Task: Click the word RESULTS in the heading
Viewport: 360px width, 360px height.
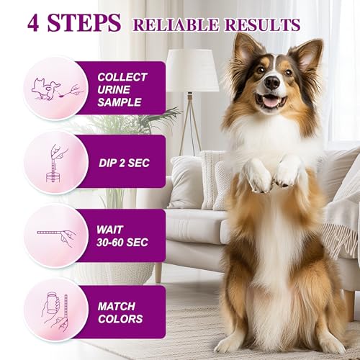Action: (x=261, y=24)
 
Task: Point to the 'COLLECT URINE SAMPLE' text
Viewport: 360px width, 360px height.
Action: (x=122, y=89)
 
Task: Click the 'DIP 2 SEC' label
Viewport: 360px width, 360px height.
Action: (x=123, y=163)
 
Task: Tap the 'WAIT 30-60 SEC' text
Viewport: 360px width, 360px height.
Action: (x=123, y=235)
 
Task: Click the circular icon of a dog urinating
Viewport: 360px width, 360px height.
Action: (x=55, y=89)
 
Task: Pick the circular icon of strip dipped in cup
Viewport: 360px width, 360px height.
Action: (x=55, y=162)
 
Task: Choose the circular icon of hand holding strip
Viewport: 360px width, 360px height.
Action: (x=55, y=235)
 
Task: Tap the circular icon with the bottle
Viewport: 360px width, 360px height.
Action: (x=55, y=310)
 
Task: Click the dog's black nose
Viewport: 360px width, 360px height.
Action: (x=272, y=84)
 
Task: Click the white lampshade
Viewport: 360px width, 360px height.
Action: (x=192, y=71)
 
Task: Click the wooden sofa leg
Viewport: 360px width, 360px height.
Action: (x=158, y=271)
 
